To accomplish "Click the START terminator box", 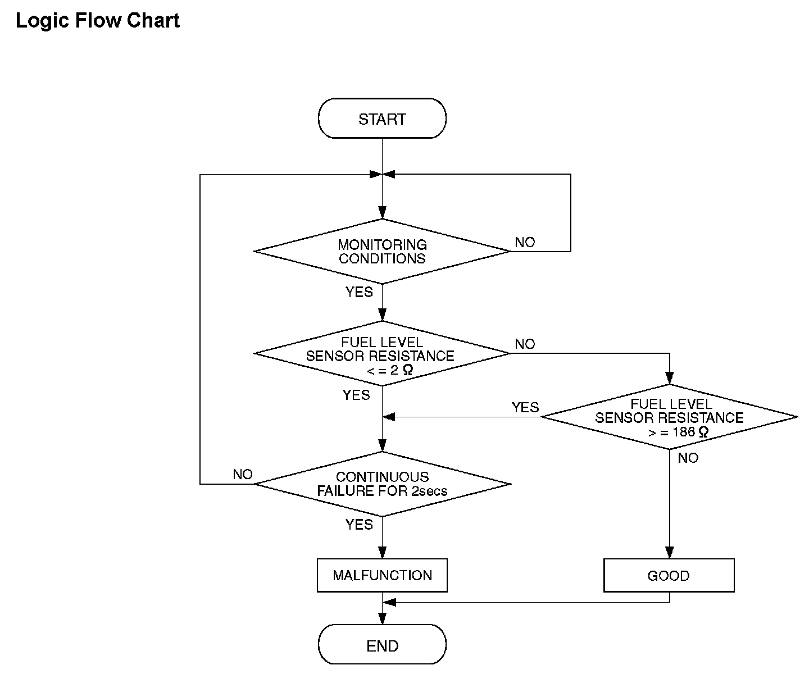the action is point(382,118).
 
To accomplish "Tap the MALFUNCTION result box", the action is point(382,575).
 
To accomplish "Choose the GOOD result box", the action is point(669,575).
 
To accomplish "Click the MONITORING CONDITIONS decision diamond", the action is point(382,252).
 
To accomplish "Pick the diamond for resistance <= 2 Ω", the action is point(382,353).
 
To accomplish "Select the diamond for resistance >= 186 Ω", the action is point(670,417).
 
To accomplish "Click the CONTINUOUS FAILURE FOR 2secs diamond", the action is point(382,484).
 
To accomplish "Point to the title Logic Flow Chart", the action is point(98,21).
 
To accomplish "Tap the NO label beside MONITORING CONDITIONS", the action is point(525,243).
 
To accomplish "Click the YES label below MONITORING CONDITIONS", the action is point(359,292).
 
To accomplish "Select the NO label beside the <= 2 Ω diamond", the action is point(525,344).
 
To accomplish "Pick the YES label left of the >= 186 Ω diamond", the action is point(525,408).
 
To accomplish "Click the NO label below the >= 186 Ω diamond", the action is point(688,458).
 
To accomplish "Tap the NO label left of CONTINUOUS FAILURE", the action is point(243,474).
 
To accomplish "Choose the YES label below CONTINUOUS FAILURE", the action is point(359,525).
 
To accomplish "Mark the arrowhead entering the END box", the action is point(382,618).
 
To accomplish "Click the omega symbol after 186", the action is point(703,432).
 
